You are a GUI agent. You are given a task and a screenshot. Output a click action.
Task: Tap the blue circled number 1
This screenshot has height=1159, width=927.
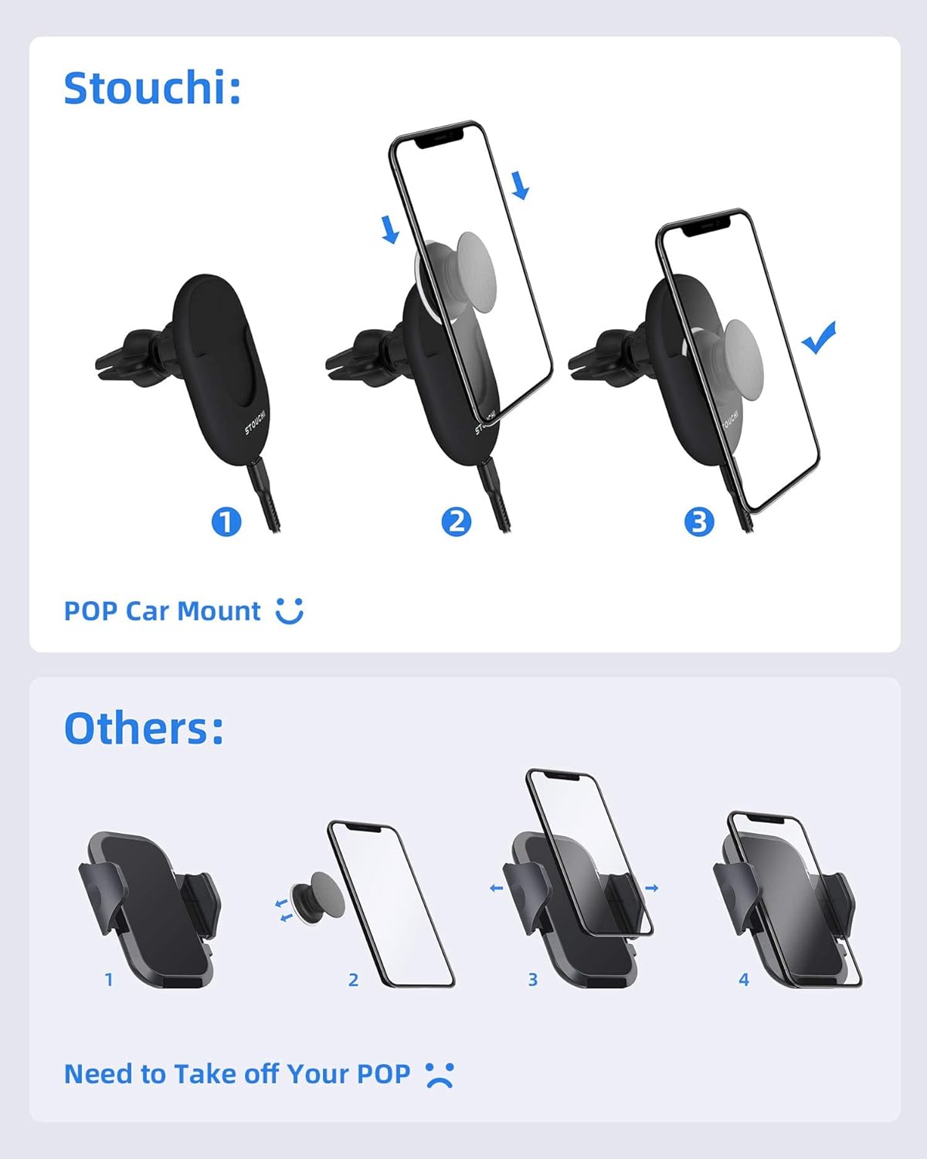pyautogui.click(x=226, y=522)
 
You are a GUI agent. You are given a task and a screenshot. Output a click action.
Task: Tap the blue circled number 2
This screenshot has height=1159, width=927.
pyautogui.click(x=457, y=522)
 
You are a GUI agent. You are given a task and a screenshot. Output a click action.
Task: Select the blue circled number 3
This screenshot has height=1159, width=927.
pyautogui.click(x=699, y=522)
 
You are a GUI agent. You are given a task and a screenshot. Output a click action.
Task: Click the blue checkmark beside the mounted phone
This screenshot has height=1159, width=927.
pyautogui.click(x=819, y=338)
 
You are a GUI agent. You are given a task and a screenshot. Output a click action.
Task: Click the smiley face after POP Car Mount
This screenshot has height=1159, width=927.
pyautogui.click(x=290, y=611)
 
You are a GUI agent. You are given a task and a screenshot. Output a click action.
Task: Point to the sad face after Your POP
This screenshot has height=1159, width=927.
pyautogui.click(x=440, y=1075)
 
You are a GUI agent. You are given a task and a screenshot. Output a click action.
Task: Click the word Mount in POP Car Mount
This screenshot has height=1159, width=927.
pyautogui.click(x=219, y=611)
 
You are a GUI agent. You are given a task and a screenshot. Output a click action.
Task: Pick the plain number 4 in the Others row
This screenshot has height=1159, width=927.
pyautogui.click(x=744, y=979)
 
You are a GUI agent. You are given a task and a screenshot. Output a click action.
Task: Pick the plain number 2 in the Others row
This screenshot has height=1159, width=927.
pyautogui.click(x=353, y=980)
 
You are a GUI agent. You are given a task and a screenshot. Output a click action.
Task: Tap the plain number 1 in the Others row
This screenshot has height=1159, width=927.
pyautogui.click(x=110, y=979)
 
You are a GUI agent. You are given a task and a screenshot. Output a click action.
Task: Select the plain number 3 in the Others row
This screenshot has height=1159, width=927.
pyautogui.click(x=533, y=979)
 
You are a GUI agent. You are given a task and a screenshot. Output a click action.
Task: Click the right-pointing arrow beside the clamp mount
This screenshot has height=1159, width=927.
pyautogui.click(x=652, y=888)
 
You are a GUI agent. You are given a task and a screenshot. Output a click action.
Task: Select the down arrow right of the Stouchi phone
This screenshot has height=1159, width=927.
pyautogui.click(x=521, y=185)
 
